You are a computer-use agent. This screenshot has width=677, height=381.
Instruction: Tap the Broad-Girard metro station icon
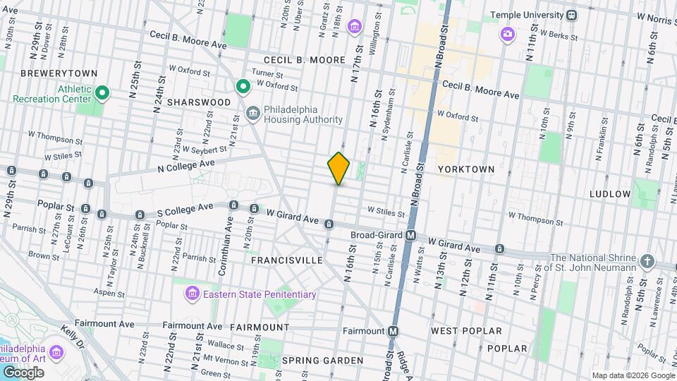tap(410, 235)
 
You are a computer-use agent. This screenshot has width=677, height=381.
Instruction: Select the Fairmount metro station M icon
tap(394, 330)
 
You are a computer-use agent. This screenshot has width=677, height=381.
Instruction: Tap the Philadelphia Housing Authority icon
tap(252, 114)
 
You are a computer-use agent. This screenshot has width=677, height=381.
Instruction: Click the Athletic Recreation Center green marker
tap(102, 93)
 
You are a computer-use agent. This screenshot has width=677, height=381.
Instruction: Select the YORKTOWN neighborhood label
tap(465, 170)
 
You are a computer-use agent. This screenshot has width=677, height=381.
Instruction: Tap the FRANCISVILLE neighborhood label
tap(287, 260)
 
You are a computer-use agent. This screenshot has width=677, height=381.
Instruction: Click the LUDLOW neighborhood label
tap(610, 193)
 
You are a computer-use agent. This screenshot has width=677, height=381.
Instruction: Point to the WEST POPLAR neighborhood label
tap(466, 330)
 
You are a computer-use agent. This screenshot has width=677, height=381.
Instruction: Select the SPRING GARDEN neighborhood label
tap(322, 361)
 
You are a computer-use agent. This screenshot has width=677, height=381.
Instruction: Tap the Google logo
tap(23, 372)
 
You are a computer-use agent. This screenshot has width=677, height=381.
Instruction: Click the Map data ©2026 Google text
tap(632, 375)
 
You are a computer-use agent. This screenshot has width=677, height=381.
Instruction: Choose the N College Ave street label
tap(186, 164)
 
